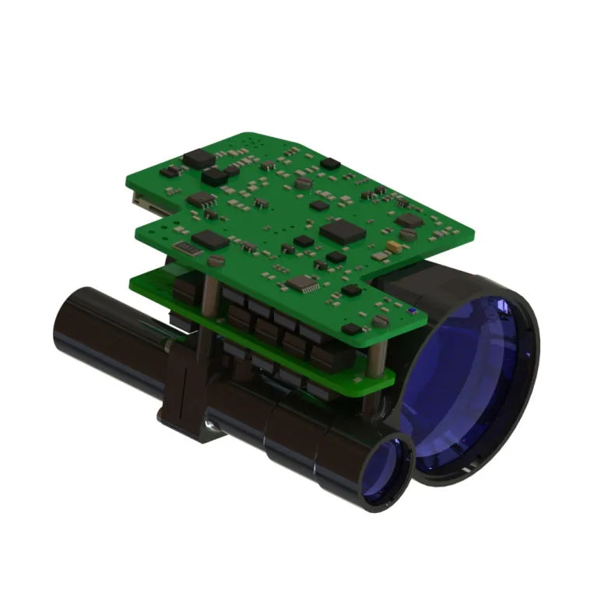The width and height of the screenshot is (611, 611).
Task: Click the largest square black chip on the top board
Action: (342, 229)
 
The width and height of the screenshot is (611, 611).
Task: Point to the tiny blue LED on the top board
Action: (407, 310)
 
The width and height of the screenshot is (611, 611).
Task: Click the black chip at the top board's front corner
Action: (351, 290)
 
